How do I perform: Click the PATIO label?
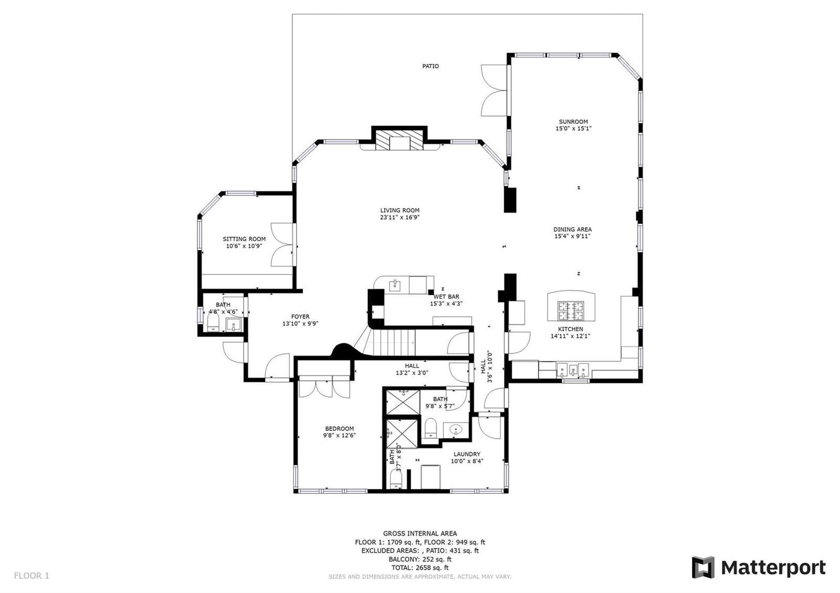click(x=430, y=66)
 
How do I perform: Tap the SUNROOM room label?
click(x=573, y=122)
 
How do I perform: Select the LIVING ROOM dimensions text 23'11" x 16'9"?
click(x=400, y=217)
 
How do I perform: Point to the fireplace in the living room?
click(x=400, y=140)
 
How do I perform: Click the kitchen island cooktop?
click(x=571, y=311)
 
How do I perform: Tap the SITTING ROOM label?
click(x=244, y=239)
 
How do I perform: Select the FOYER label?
click(x=300, y=317)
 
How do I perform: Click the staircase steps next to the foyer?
click(x=390, y=342)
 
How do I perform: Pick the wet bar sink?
click(x=395, y=285)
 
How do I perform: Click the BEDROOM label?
click(x=339, y=428)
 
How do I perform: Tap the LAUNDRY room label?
click(x=467, y=454)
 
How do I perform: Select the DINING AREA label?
click(x=572, y=229)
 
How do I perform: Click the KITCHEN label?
click(x=570, y=329)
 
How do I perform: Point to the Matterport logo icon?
click(x=703, y=567)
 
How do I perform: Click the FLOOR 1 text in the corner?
click(x=31, y=575)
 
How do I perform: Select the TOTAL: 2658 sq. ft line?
click(x=419, y=568)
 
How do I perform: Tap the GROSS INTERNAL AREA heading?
click(x=420, y=533)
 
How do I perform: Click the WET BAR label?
click(x=446, y=297)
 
